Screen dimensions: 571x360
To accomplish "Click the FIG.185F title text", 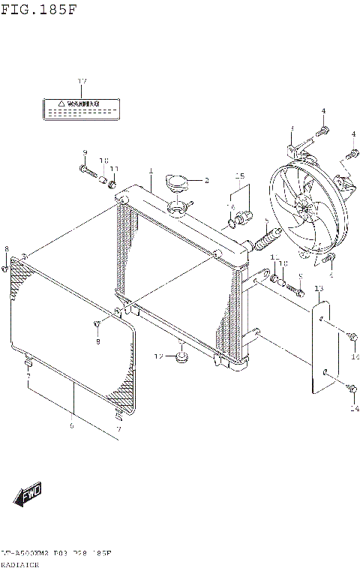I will pyautogui.click(x=38, y=10).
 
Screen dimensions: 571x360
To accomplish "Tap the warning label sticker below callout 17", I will pyautogui.click(x=73, y=108).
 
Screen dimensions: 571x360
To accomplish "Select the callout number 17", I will pyautogui.click(x=82, y=81).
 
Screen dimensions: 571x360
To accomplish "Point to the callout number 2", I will pyautogui.click(x=206, y=180).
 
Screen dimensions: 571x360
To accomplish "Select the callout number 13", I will pyautogui.click(x=318, y=289).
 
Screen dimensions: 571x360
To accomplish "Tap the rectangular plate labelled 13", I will pyautogui.click(x=322, y=346).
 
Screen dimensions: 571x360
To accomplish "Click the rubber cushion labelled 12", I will pyautogui.click(x=181, y=356).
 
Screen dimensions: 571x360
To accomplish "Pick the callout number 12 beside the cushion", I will pyautogui.click(x=159, y=355).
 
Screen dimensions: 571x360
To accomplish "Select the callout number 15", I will pyautogui.click(x=239, y=176).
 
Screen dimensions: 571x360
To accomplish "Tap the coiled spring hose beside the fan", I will pyautogui.click(x=268, y=240).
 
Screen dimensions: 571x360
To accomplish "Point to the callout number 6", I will pyautogui.click(x=71, y=425).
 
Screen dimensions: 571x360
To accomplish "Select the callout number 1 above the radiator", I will pyautogui.click(x=150, y=171).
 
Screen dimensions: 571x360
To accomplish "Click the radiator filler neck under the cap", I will pyautogui.click(x=179, y=207).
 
